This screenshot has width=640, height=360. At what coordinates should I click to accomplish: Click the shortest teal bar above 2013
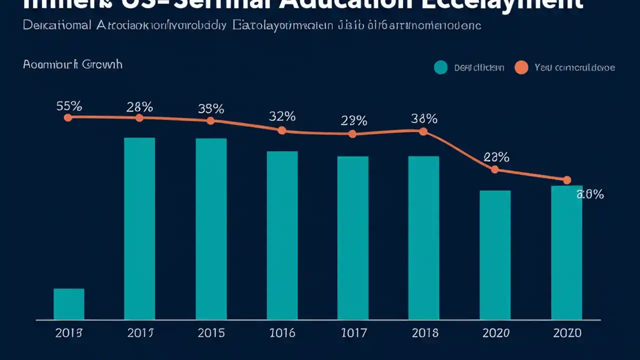(69, 304)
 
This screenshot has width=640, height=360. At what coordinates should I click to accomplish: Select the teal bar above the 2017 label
(139, 228)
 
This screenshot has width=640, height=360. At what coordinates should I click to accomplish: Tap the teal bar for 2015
(211, 229)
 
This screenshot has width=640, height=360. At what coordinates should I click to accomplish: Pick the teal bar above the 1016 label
(282, 235)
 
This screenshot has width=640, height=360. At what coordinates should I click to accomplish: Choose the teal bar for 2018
(423, 237)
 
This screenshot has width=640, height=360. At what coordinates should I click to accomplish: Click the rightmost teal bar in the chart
(566, 252)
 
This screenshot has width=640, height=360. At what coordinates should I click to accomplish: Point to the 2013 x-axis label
(69, 333)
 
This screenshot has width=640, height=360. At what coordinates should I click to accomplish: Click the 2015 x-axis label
(211, 333)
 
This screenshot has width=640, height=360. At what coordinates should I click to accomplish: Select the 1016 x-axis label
(282, 333)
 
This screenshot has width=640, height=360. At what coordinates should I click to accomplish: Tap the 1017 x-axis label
(353, 333)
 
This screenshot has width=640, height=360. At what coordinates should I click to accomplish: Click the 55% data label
(69, 106)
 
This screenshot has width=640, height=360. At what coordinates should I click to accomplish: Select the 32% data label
(282, 116)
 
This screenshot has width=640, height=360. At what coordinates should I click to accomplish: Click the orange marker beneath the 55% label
(68, 117)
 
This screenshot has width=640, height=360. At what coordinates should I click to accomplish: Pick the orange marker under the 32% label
(282, 130)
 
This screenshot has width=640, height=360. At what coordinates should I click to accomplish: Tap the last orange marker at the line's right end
(566, 180)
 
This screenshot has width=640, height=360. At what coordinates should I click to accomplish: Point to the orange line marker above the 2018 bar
(423, 131)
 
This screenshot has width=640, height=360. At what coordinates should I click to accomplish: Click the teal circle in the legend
(440, 67)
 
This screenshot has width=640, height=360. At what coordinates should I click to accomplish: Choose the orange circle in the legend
(521, 67)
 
